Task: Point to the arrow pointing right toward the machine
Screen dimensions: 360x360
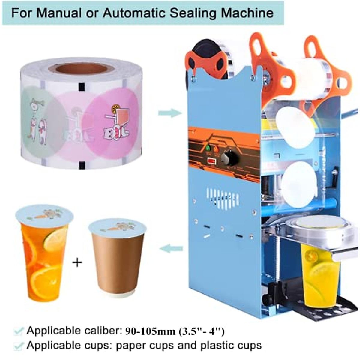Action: tap(170, 113)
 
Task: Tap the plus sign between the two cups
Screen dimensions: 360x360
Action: tap(77, 262)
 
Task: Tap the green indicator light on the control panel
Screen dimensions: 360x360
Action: tap(207, 147)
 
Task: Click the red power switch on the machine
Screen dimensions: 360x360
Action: tap(212, 161)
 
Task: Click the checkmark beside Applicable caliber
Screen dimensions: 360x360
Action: tap(19, 331)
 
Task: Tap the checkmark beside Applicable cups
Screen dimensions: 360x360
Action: tap(19, 346)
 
